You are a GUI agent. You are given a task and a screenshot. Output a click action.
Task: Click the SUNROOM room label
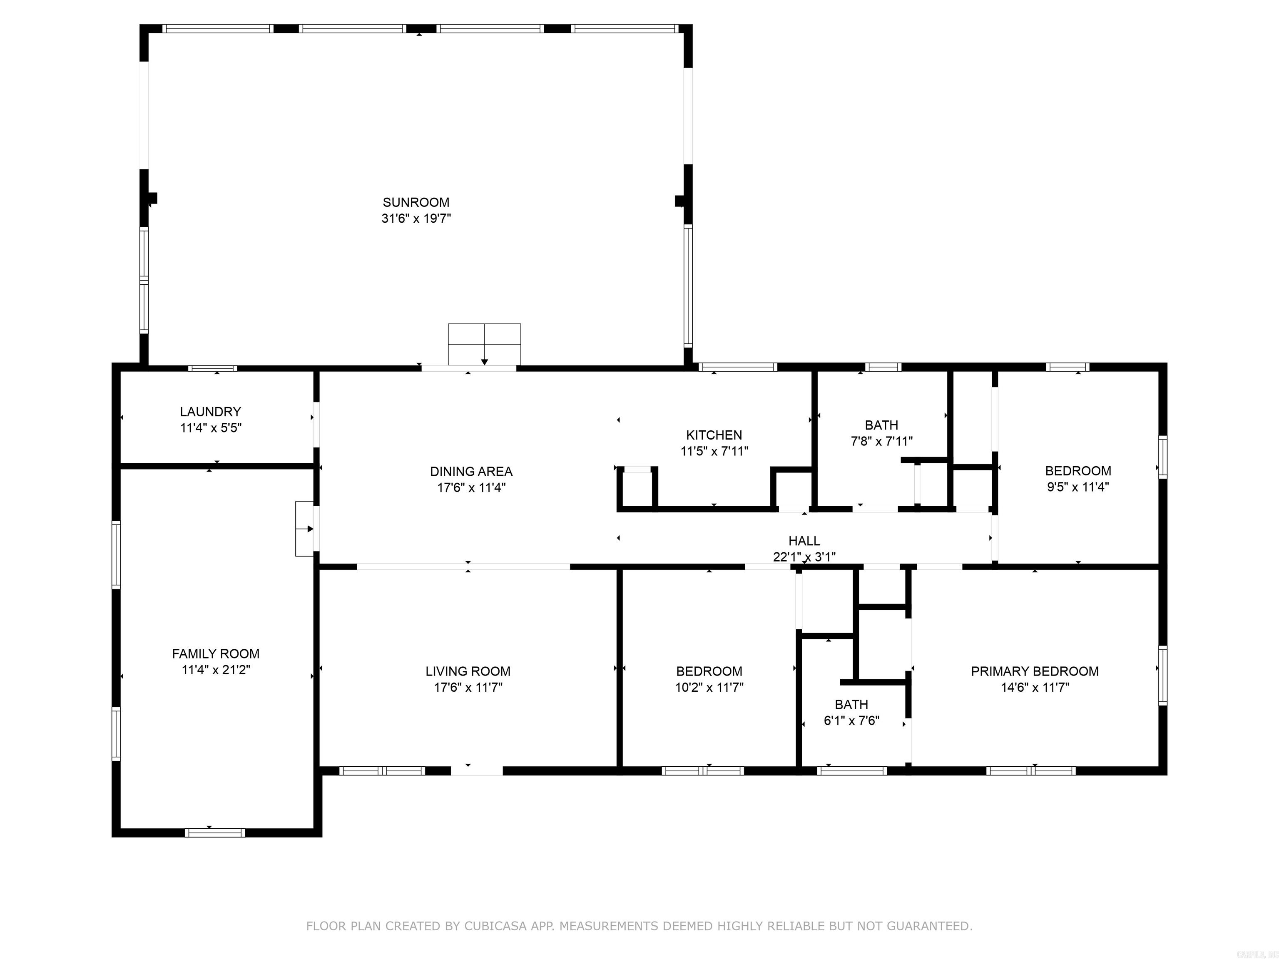pyautogui.click(x=416, y=202)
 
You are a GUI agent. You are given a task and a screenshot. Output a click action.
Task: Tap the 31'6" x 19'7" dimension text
pyautogui.click(x=416, y=219)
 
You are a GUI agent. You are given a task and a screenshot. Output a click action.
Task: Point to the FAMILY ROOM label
pyautogui.click(x=216, y=654)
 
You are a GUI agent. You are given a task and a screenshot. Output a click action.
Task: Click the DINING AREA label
pyautogui.click(x=471, y=471)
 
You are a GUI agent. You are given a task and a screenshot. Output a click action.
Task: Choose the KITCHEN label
pyautogui.click(x=714, y=435)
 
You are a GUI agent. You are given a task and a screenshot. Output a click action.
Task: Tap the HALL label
pyautogui.click(x=804, y=541)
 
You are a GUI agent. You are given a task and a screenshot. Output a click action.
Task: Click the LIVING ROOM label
pyautogui.click(x=468, y=671)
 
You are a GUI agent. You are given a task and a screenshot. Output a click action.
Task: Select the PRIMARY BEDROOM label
pyautogui.click(x=1035, y=671)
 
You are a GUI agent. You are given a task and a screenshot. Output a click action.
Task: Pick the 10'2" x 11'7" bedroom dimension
pyautogui.click(x=709, y=687)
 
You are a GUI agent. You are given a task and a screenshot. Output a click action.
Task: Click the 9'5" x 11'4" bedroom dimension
pyautogui.click(x=1078, y=487)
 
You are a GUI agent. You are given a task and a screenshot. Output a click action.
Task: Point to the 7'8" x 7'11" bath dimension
pyautogui.click(x=881, y=441)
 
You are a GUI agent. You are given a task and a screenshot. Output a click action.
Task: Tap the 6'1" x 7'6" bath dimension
pyautogui.click(x=851, y=721)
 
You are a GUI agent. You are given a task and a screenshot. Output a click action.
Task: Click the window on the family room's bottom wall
pyautogui.click(x=214, y=832)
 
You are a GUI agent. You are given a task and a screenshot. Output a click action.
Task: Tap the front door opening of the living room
pyautogui.click(x=476, y=770)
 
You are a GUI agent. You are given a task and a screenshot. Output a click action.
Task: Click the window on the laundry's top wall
pyautogui.click(x=212, y=368)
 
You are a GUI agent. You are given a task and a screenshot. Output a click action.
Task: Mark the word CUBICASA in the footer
pyautogui.click(x=495, y=926)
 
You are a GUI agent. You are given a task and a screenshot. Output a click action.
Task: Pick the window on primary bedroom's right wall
pyautogui.click(x=1162, y=675)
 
